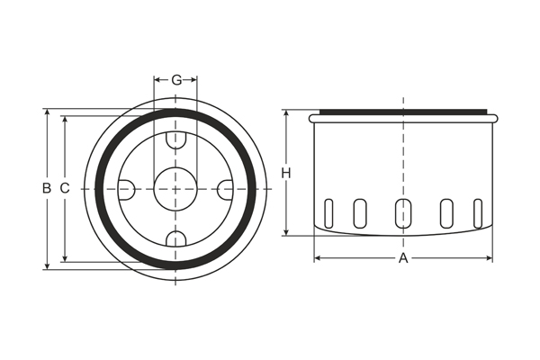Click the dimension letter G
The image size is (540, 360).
point(175,80)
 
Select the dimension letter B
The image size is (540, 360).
point(46,189)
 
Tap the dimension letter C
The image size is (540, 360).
point(65,189)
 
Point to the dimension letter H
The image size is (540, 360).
point(285,173)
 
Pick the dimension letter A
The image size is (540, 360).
point(403,258)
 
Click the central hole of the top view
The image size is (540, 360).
point(175,189)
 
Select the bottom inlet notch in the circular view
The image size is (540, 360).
point(175,238)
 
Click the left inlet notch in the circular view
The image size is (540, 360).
point(126,189)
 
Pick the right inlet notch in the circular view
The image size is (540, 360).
point(225,189)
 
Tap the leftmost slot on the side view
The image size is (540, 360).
point(328,212)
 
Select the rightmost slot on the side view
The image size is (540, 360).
point(478,212)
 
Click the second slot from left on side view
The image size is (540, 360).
point(360,212)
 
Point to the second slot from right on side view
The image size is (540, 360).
point(446,212)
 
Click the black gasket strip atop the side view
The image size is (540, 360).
point(403,112)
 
